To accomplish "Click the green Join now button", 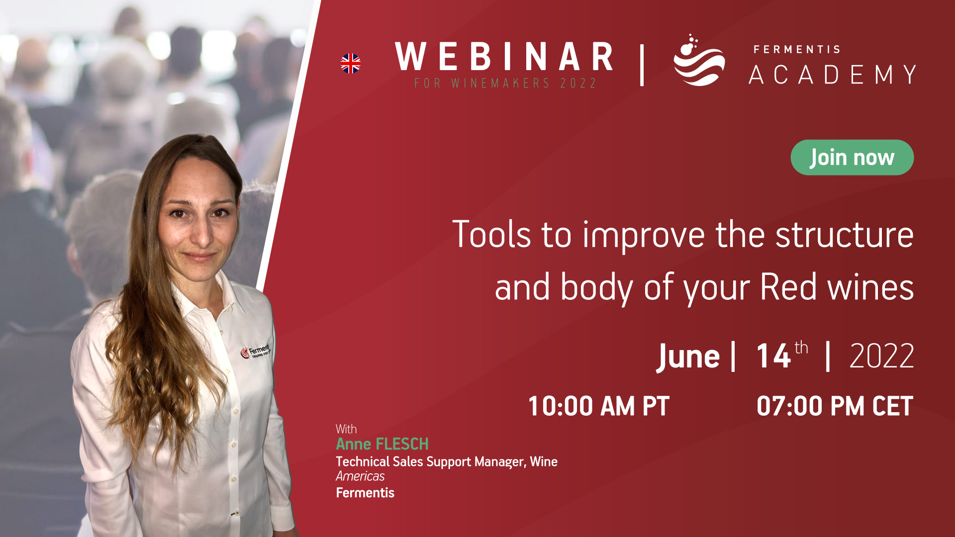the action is (852, 158).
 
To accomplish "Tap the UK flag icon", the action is (351, 64).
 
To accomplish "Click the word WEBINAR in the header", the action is (504, 57).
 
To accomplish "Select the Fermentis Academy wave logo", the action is (699, 60).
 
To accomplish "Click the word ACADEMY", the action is (833, 75).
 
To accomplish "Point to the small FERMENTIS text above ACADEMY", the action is (797, 49).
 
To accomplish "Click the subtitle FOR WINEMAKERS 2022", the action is (505, 83).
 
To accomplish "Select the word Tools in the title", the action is (491, 234).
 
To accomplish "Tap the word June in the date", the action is (688, 357).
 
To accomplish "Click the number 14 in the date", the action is (773, 356).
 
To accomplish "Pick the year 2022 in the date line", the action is (882, 356).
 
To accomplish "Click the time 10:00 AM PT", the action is (598, 406).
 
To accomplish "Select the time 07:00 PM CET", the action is (835, 406).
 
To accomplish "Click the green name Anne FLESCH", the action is (382, 444).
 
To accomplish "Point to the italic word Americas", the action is (360, 476).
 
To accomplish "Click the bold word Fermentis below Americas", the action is (365, 493).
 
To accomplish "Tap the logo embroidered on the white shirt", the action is (255, 350).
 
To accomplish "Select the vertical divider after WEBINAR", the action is (642, 65).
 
